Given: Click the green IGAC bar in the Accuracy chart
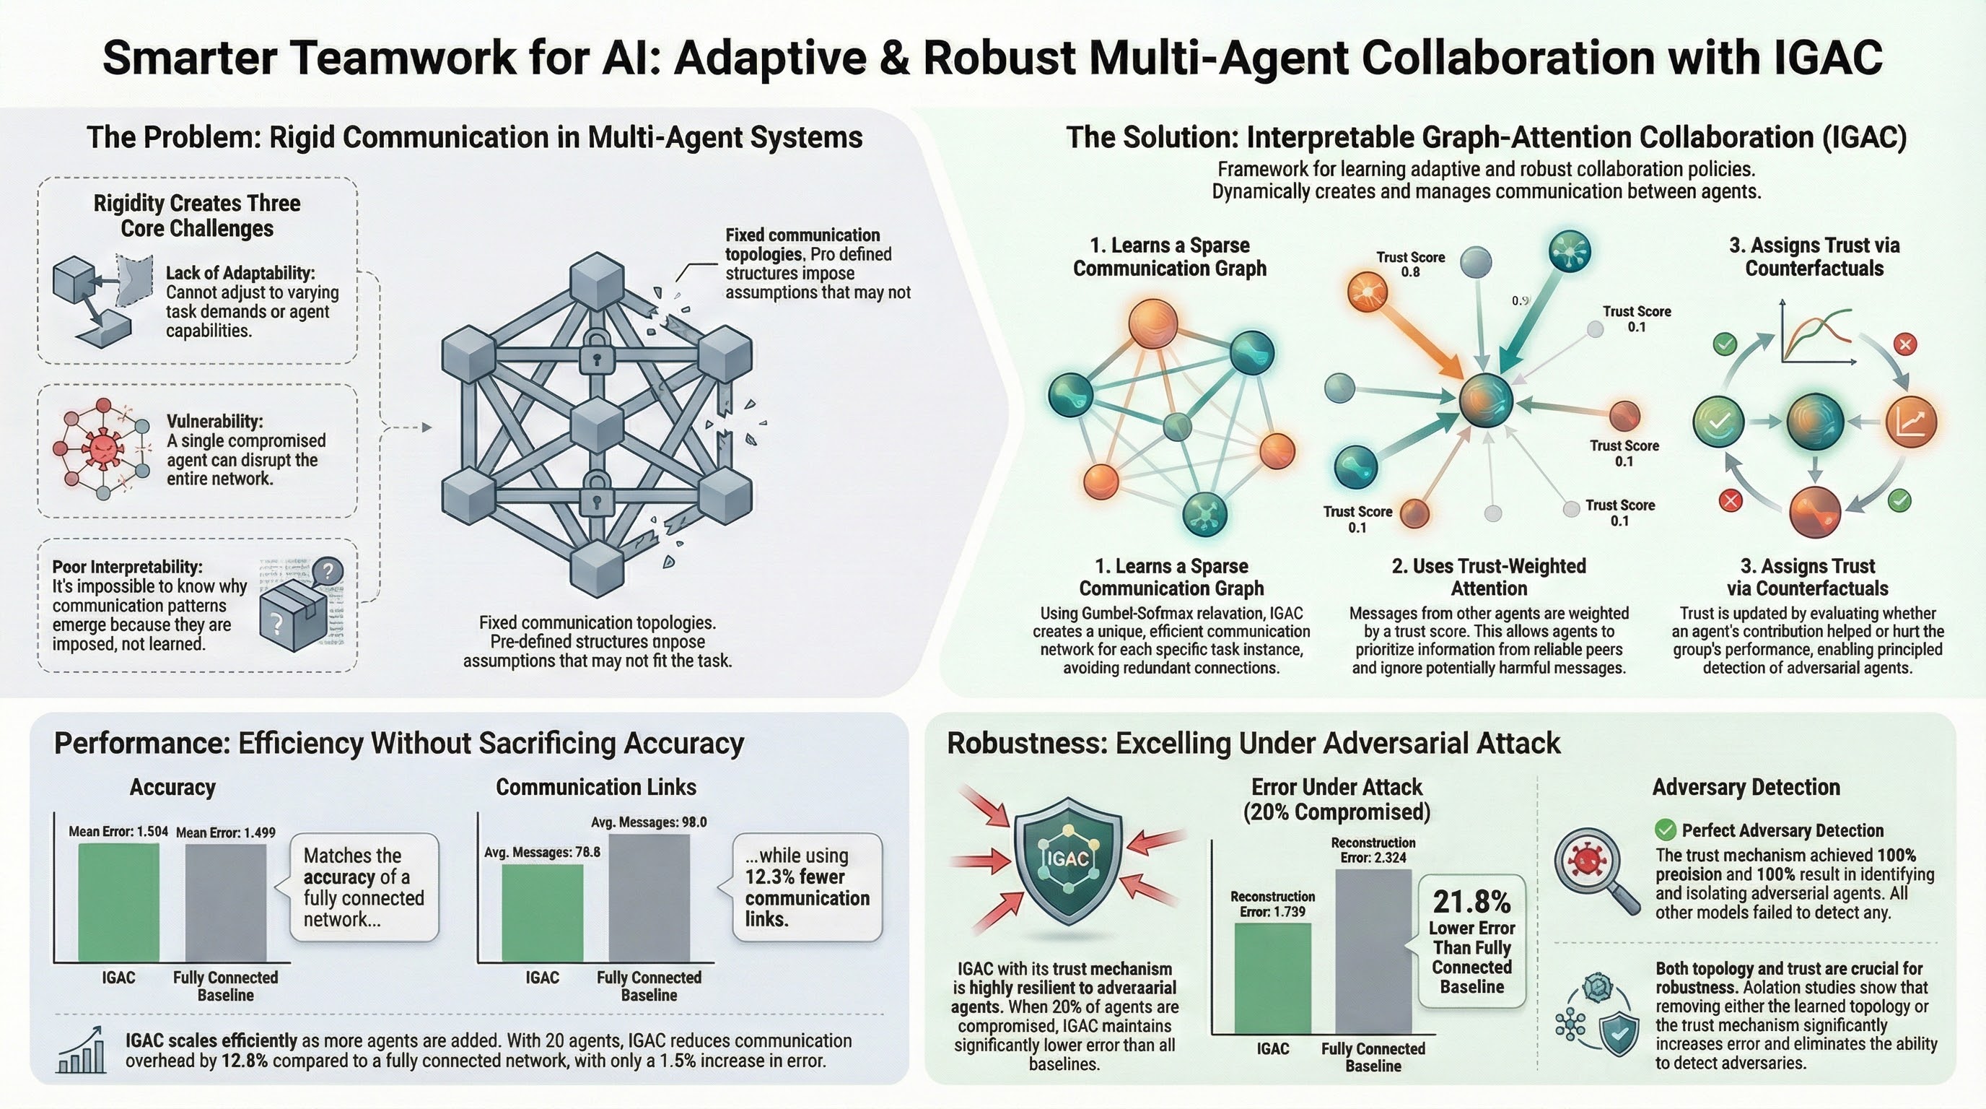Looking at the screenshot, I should [x=119, y=903].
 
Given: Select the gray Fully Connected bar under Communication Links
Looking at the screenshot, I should [x=649, y=897].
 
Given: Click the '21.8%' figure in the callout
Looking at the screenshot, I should [x=1471, y=902].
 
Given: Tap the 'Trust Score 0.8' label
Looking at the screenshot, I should [x=1410, y=264].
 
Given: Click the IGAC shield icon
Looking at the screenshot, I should [x=1068, y=859].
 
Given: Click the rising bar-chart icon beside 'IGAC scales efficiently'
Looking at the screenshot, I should [x=82, y=1051].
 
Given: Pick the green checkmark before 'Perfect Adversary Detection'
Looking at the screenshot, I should [x=1666, y=830].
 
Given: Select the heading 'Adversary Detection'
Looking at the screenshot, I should [x=1746, y=787].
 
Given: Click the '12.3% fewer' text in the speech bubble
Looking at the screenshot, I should [x=794, y=877].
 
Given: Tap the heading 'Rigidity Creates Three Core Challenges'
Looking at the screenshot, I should [x=196, y=215].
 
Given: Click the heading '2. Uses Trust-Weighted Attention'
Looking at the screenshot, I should [x=1489, y=577].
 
